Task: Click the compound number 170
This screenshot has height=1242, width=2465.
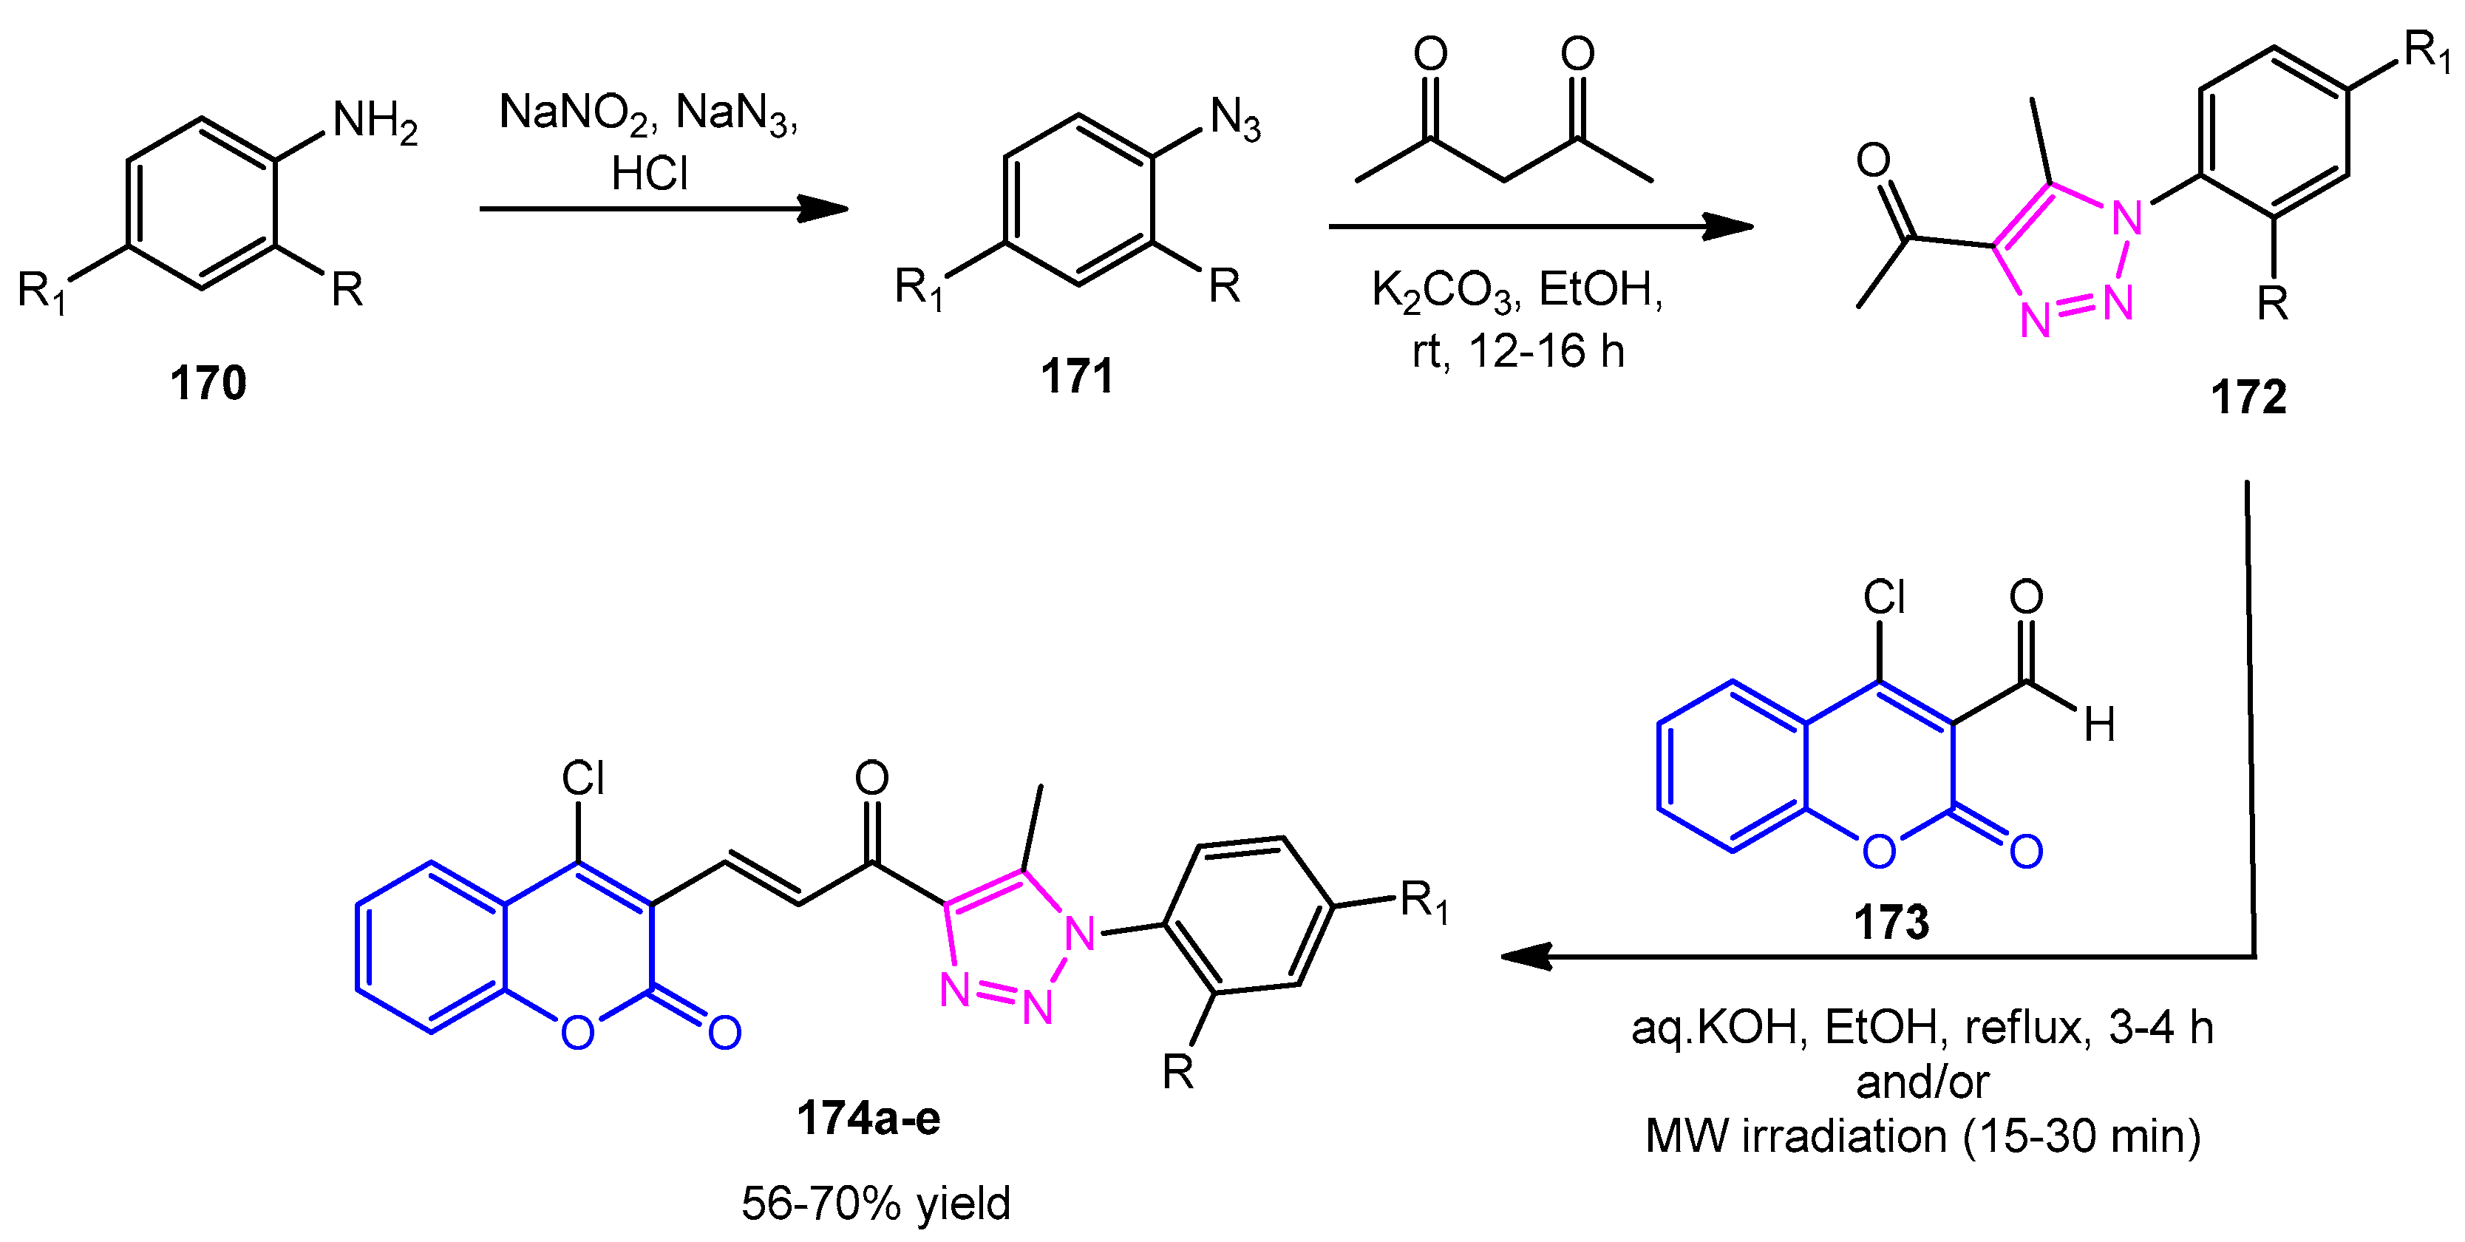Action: pyautogui.click(x=208, y=384)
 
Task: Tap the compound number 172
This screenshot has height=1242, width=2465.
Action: pyautogui.click(x=2248, y=397)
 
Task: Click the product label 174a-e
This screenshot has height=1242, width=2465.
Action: pyautogui.click(x=868, y=1118)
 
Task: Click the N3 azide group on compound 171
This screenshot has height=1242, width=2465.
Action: pyautogui.click(x=1234, y=121)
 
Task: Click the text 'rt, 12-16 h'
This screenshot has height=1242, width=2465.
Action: pyautogui.click(x=1517, y=352)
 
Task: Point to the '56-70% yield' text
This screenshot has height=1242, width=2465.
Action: pyautogui.click(x=876, y=1203)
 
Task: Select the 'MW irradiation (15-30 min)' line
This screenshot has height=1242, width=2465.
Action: pyautogui.click(x=1922, y=1137)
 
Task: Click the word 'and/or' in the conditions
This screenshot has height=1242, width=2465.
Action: pyautogui.click(x=1922, y=1082)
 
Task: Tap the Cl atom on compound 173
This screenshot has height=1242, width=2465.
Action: pyautogui.click(x=1883, y=598)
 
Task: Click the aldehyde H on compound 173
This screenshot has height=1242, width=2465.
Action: pyautogui.click(x=2098, y=725)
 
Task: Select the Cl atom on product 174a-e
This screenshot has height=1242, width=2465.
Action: pyautogui.click(x=582, y=779)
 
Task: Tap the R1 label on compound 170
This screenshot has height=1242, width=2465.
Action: pyautogui.click(x=42, y=291)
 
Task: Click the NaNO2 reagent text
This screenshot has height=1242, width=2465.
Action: pyautogui.click(x=573, y=114)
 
